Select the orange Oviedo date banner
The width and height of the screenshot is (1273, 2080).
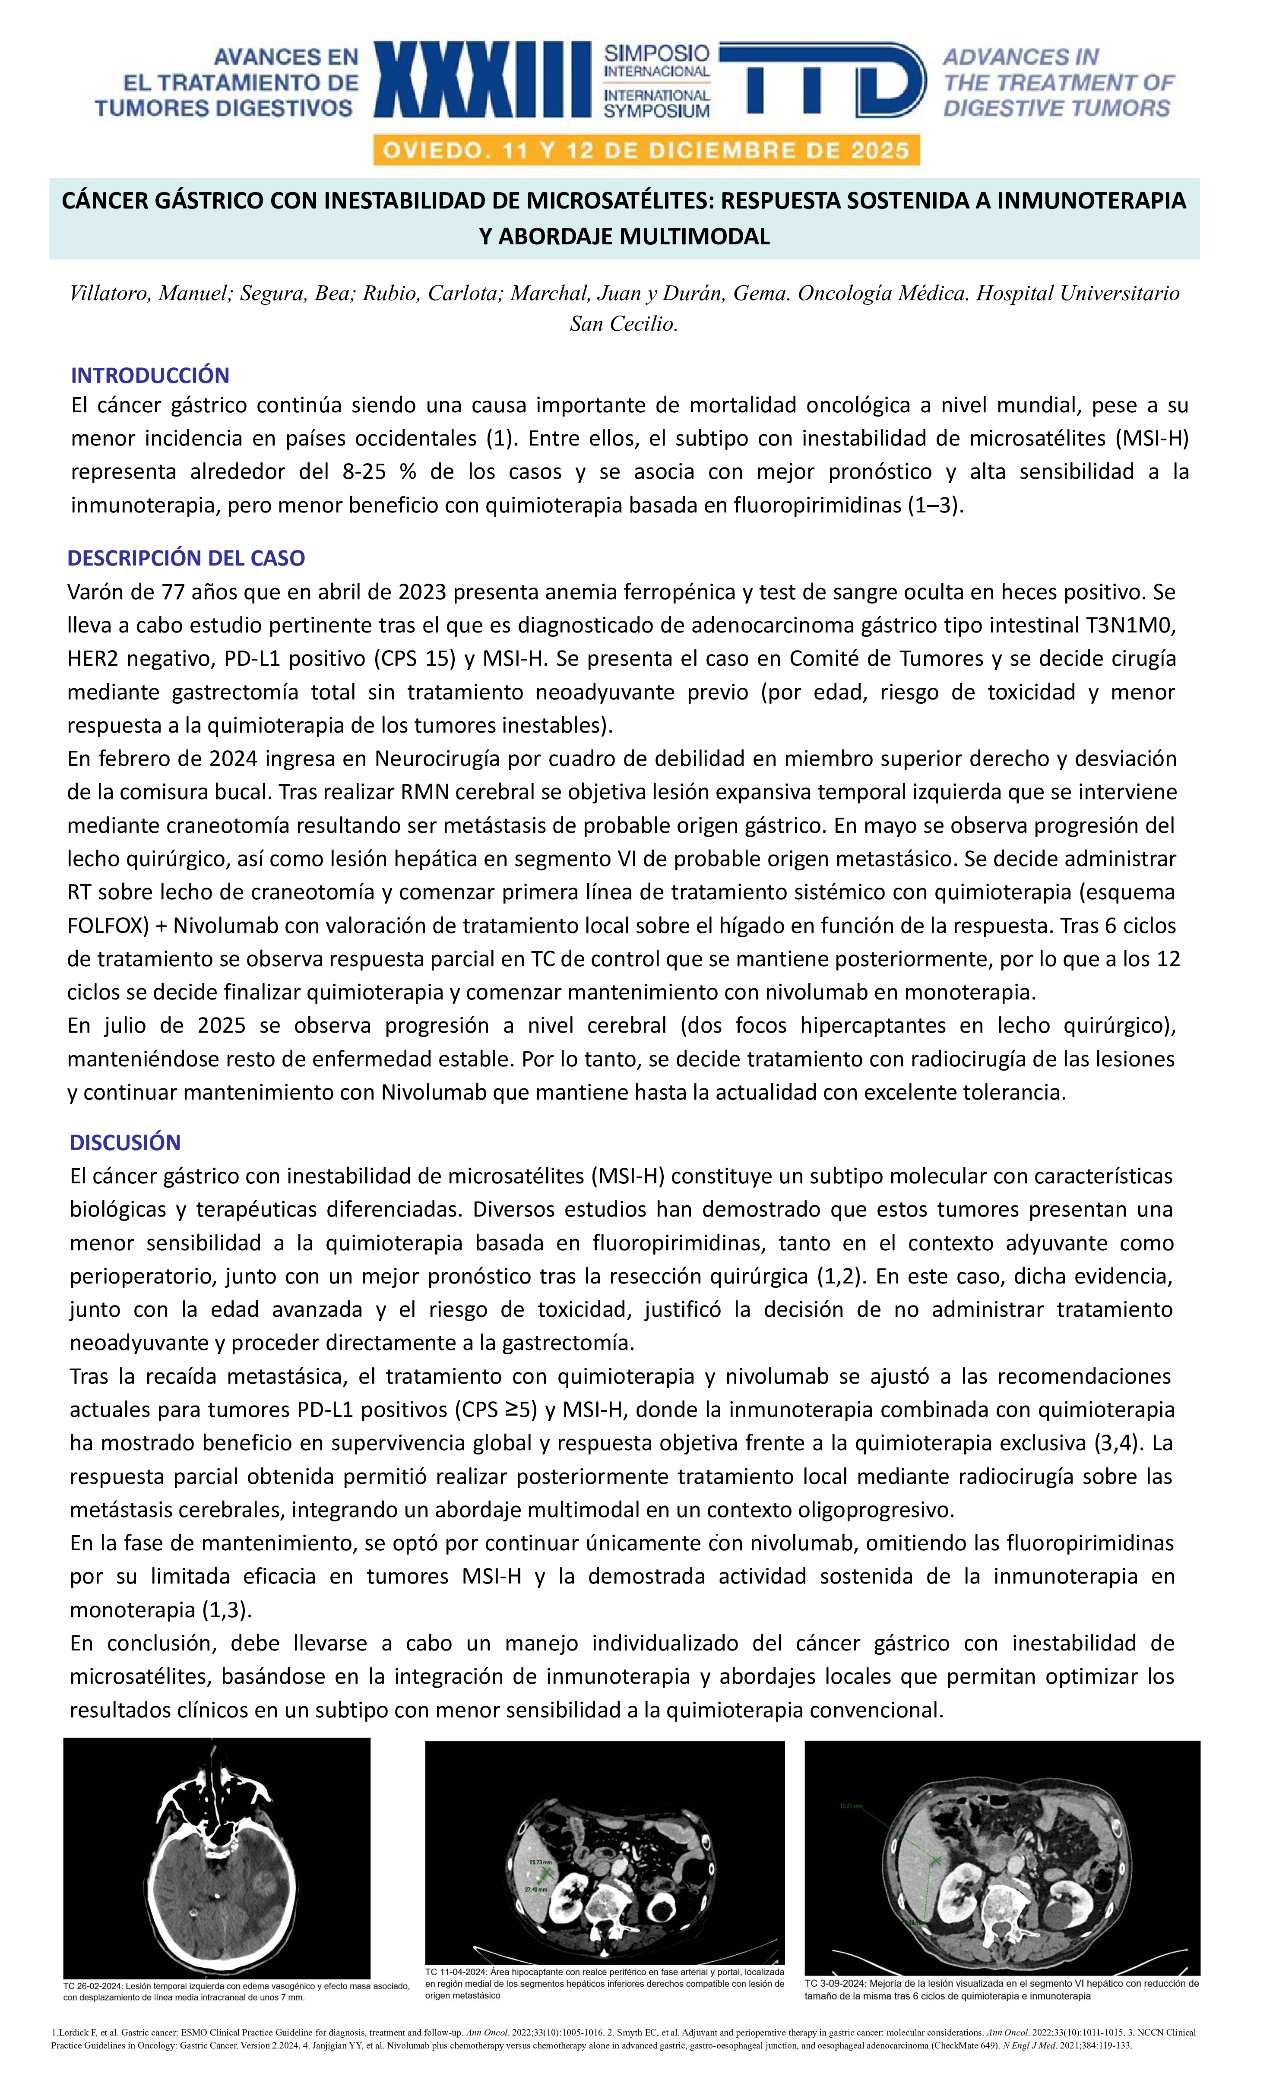click(646, 151)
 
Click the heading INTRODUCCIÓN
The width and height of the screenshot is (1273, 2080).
click(150, 376)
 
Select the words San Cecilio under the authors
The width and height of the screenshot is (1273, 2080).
click(624, 324)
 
